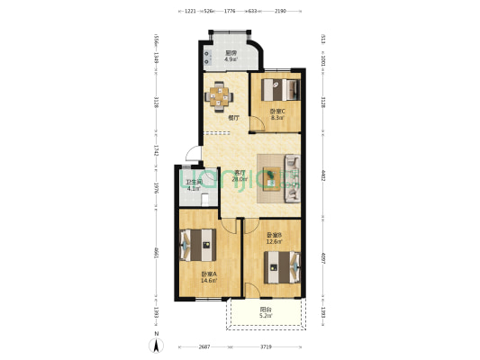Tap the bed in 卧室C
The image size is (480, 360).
point(278,90)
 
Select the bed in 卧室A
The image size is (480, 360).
point(196,244)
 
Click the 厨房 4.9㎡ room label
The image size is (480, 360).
point(231,56)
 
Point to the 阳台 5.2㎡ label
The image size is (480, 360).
point(265,313)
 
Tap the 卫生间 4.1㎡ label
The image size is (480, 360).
point(193,184)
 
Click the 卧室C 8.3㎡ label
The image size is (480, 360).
point(277,114)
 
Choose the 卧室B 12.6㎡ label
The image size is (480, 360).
point(274,238)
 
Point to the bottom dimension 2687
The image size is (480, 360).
point(205,346)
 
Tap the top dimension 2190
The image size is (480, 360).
point(280,11)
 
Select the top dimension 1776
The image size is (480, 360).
point(229,11)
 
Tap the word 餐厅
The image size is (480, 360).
point(232,117)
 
